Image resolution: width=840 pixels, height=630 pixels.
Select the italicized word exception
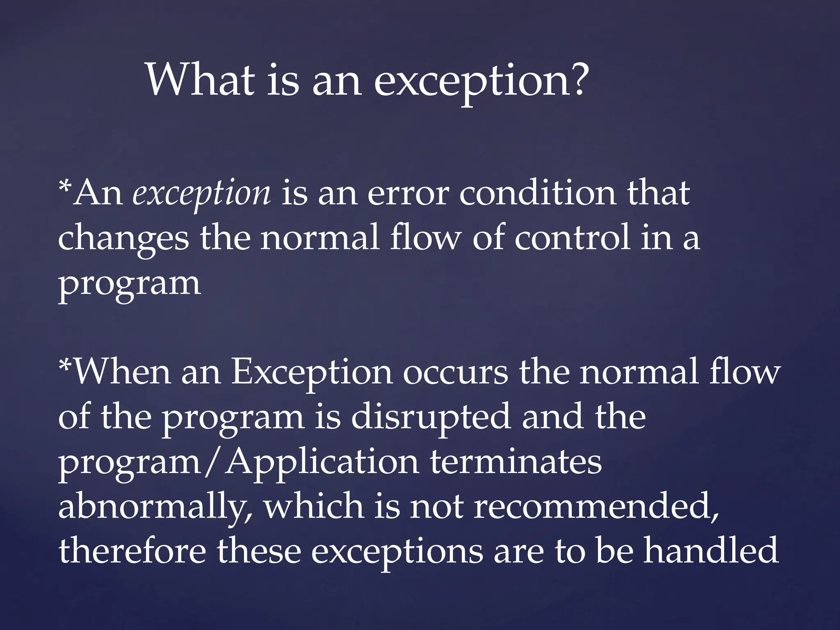tap(201, 194)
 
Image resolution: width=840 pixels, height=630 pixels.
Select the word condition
tap(537, 193)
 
